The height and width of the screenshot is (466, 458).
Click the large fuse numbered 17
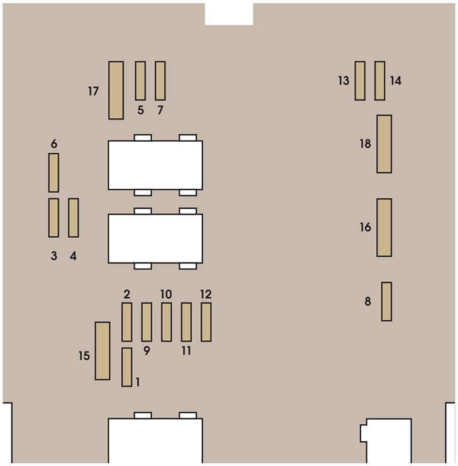[116, 90]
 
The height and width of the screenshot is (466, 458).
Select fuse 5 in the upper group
[140, 81]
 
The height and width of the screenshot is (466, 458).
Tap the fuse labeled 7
[160, 81]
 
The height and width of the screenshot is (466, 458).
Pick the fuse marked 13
[360, 81]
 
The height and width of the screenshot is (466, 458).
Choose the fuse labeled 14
[380, 81]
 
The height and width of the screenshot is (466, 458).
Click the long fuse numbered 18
[384, 144]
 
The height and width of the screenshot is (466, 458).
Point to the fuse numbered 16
[384, 228]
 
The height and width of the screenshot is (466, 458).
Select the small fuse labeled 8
[386, 301]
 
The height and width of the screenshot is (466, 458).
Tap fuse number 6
[54, 173]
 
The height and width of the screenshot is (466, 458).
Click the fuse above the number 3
[54, 217]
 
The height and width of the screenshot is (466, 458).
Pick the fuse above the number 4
[73, 217]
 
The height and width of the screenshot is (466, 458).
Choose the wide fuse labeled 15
[102, 351]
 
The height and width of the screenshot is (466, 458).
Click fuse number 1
[127, 367]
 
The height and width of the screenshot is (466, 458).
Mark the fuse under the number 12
[206, 322]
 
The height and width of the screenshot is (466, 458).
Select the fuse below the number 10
[167, 322]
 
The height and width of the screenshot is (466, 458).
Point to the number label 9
[147, 351]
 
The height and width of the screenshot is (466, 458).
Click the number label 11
[186, 351]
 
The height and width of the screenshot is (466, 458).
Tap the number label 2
[127, 294]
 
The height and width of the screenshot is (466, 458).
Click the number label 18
[365, 144]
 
